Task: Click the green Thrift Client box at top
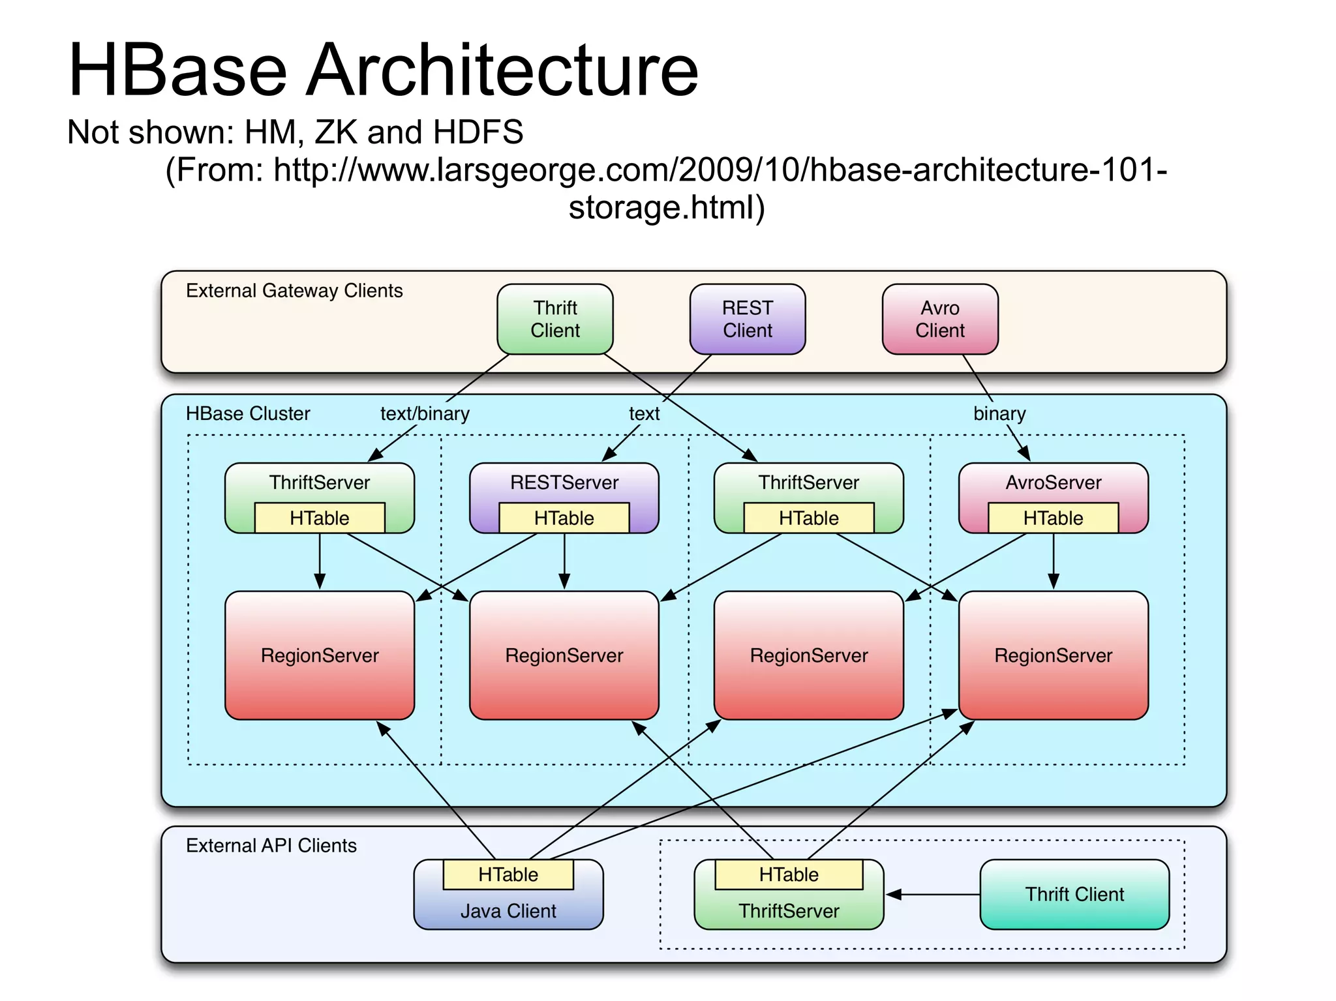[554, 319]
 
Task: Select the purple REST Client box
[747, 319]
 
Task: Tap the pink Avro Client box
[939, 319]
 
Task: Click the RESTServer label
[564, 483]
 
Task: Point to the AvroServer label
[1053, 483]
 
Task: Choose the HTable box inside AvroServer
[1053, 518]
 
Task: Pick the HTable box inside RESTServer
[564, 518]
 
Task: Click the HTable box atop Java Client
[508, 874]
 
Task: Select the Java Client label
[508, 911]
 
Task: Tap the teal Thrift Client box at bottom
[1074, 894]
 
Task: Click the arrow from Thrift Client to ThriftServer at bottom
[933, 895]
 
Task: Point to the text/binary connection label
[425, 413]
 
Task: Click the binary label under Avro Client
[999, 413]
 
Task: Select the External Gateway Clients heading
[294, 290]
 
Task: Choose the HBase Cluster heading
[248, 413]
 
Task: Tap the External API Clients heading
[271, 846]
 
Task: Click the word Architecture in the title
[502, 70]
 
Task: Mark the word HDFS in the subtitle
[478, 132]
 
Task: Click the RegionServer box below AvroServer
[1053, 655]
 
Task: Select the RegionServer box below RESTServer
[564, 655]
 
